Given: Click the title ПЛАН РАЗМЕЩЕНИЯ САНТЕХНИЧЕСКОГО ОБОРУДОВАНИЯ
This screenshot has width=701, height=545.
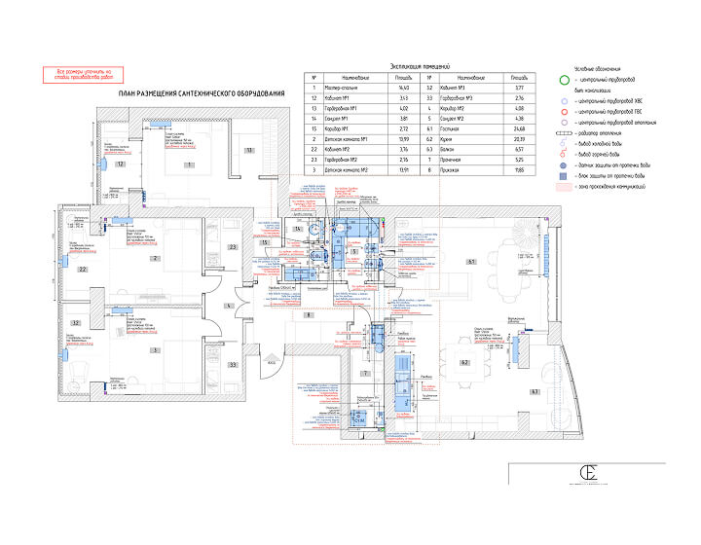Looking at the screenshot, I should (x=202, y=93).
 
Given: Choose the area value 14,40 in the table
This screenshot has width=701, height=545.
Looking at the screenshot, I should (x=402, y=88).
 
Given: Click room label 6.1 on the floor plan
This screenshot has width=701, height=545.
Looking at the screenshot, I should (x=469, y=263).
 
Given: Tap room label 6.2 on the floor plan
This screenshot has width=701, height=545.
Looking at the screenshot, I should (x=465, y=362).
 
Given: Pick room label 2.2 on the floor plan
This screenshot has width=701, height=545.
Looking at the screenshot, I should (x=83, y=269).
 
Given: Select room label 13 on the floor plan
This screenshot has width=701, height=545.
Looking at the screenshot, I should (x=248, y=151).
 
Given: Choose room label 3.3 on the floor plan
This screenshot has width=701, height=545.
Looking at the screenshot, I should (x=233, y=364).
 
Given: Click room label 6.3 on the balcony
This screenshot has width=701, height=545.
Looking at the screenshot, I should (x=534, y=391).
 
